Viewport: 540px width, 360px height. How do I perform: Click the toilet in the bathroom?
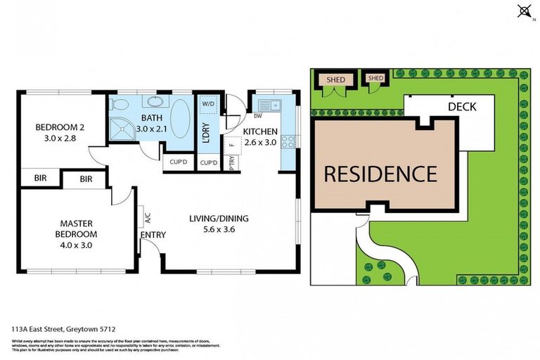[x=119, y=105]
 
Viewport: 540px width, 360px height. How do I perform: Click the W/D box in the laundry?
[x=209, y=104]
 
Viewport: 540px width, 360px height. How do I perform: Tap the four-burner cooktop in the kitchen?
[x=288, y=141]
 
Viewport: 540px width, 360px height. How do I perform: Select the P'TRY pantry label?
[x=232, y=162]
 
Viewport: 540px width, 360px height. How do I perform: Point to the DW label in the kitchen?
[x=238, y=116]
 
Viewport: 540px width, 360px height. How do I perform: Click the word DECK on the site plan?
[x=461, y=107]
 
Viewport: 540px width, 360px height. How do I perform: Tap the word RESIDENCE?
[x=380, y=173]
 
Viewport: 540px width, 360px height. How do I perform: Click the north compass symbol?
[x=523, y=11]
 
